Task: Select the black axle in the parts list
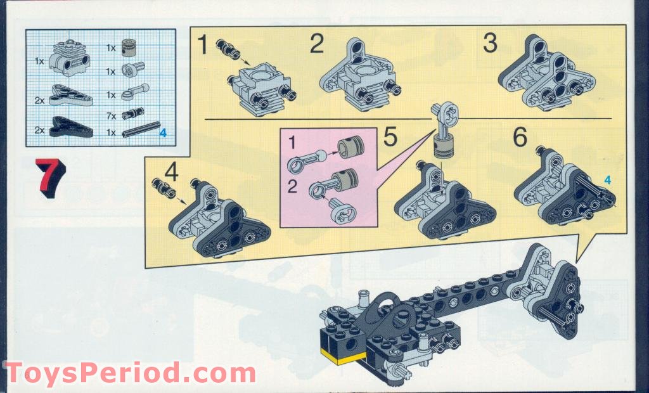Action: tap(139, 132)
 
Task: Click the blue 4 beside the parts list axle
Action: tap(162, 133)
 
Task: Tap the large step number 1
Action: tap(202, 46)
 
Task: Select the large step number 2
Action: tap(317, 45)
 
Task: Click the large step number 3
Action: tap(490, 43)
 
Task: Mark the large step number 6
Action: tap(520, 136)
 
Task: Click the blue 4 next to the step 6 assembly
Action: tap(607, 179)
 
